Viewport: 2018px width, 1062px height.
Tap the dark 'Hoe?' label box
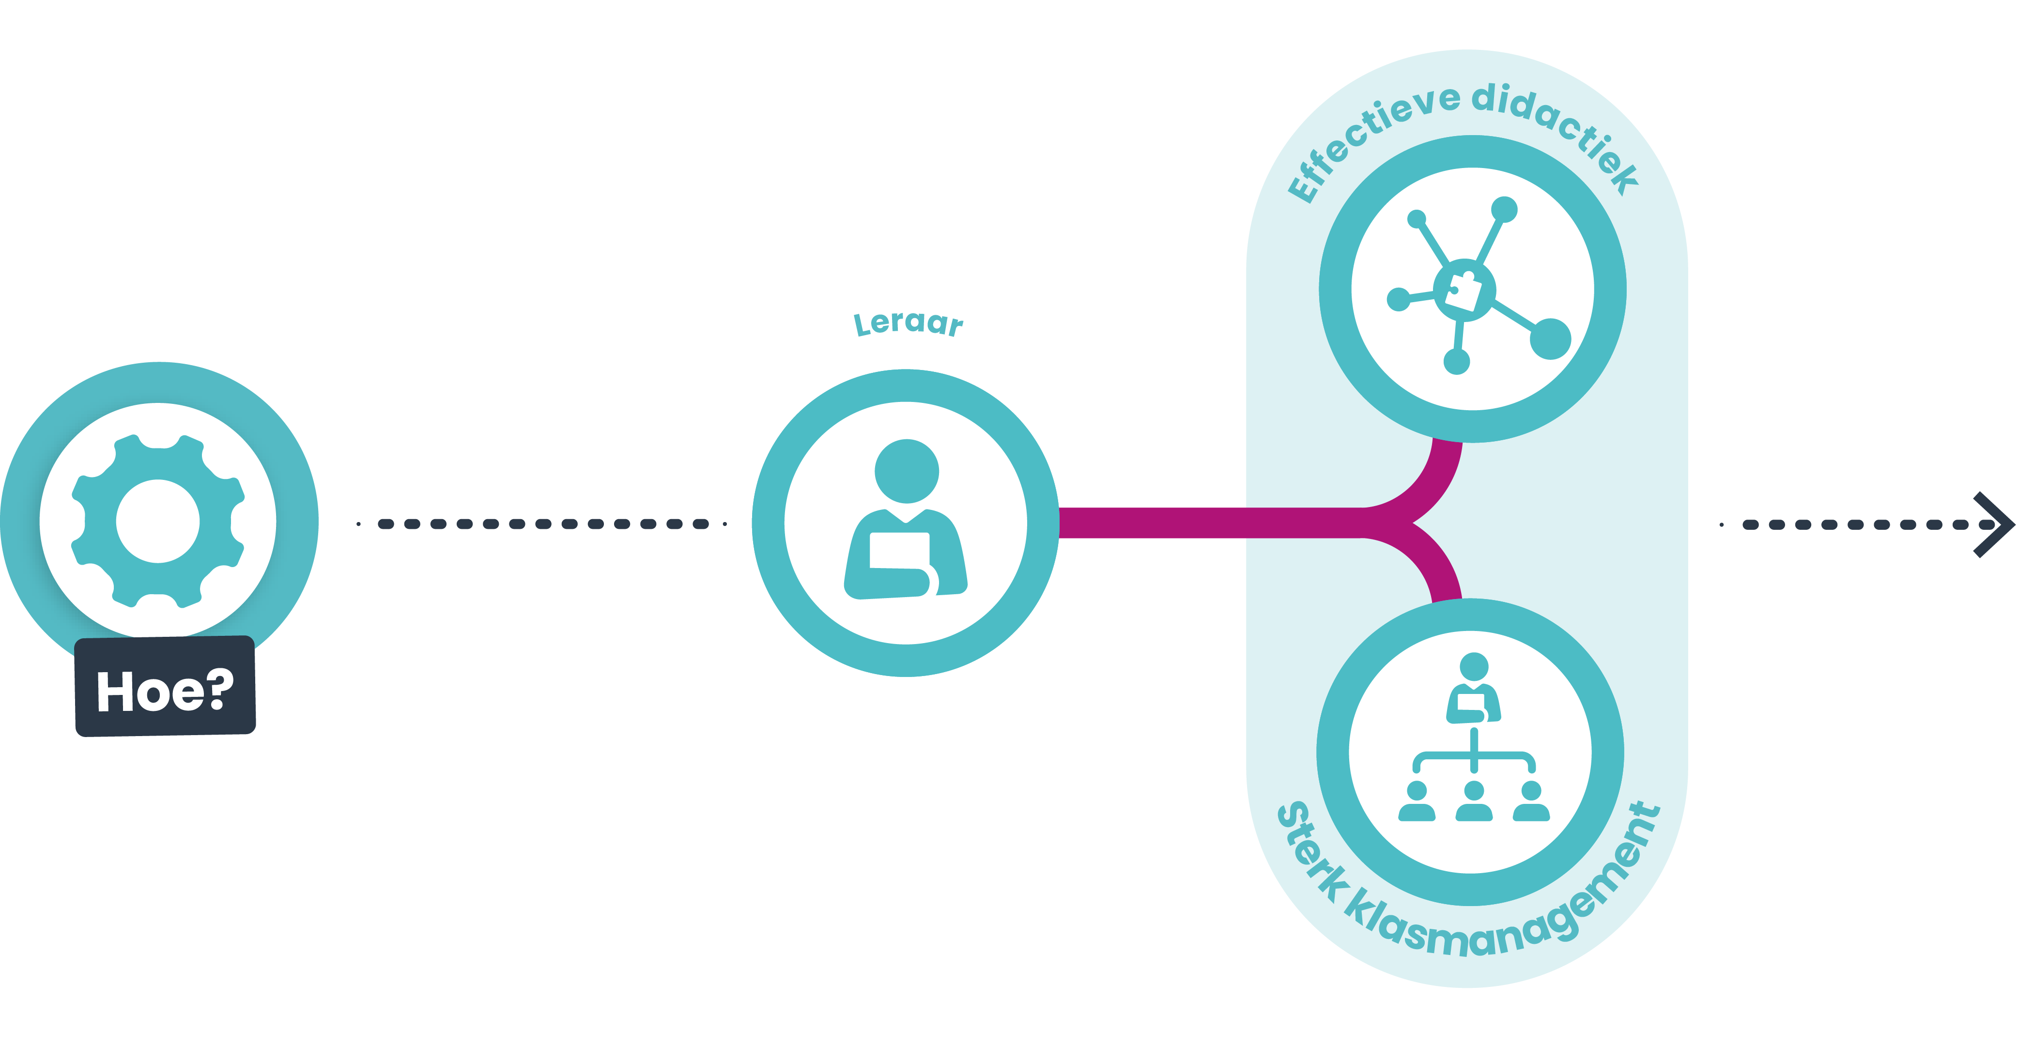coord(165,687)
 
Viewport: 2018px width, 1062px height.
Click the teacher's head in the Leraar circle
coord(907,471)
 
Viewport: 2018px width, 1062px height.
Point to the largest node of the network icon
coord(1550,339)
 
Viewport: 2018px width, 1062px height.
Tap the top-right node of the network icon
coord(1504,209)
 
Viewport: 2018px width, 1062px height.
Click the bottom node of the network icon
coord(1456,361)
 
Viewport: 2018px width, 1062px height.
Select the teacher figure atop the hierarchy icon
coord(1474,689)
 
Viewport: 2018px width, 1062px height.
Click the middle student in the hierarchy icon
coord(1474,801)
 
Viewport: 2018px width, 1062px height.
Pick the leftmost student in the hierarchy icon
coord(1417,801)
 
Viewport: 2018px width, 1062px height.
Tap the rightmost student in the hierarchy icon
coord(1531,801)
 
